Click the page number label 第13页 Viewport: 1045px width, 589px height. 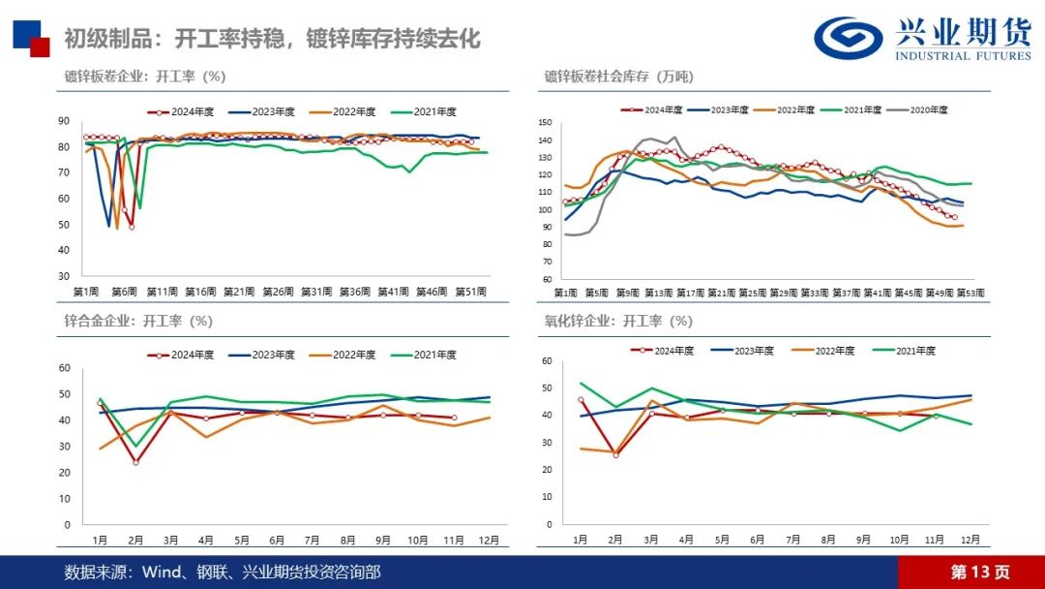979,572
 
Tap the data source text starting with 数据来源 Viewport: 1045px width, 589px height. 223,572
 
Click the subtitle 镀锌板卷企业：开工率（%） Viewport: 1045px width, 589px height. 144,77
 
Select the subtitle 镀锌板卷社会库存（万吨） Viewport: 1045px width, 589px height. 618,77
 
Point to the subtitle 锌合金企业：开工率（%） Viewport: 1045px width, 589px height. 137,321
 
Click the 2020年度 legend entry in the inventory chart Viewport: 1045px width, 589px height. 919,110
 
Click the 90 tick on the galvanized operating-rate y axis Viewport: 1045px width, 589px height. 64,121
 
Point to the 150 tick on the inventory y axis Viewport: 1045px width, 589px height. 545,123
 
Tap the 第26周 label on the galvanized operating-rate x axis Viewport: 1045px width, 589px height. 278,292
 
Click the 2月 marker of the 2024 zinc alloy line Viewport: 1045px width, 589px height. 135,462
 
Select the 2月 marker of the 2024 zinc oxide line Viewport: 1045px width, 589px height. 615,454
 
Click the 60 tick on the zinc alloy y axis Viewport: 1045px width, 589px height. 65,368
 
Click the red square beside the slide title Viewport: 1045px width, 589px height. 40,47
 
